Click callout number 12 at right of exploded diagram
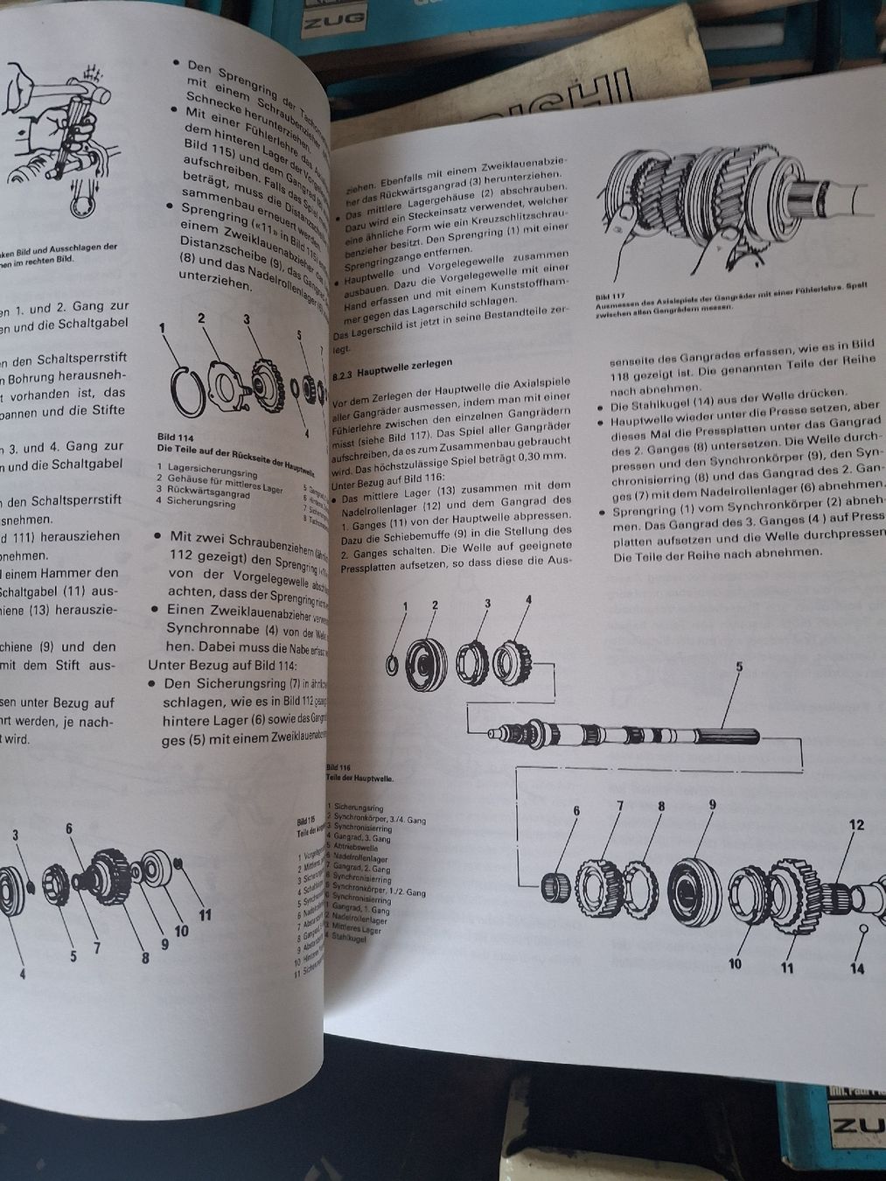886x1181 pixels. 856,824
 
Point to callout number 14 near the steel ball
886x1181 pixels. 857,968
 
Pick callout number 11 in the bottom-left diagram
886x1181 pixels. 205,916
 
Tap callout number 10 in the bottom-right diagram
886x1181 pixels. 735,963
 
